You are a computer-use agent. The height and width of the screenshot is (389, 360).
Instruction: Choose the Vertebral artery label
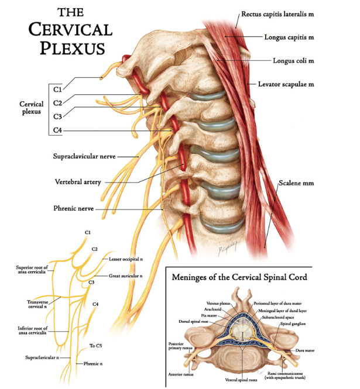77,182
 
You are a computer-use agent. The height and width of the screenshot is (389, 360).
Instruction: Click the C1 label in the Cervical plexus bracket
56,89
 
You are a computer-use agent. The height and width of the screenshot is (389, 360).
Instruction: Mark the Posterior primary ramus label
181,346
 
